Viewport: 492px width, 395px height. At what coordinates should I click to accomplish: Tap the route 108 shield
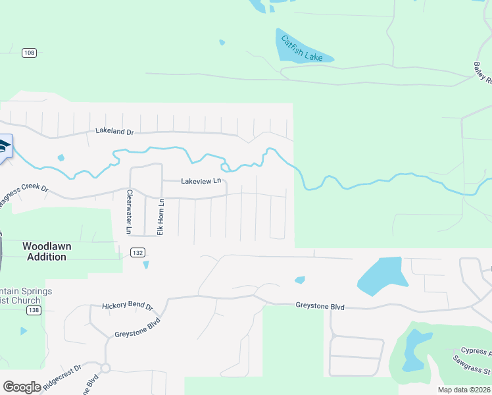coord(28,53)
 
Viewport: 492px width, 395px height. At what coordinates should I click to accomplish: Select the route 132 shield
coord(137,252)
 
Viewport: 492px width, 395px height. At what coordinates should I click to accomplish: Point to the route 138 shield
coord(34,309)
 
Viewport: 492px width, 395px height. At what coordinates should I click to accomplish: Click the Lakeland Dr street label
coord(114,132)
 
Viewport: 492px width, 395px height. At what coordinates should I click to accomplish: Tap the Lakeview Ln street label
coord(201,180)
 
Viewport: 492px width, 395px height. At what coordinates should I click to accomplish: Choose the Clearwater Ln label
coord(130,211)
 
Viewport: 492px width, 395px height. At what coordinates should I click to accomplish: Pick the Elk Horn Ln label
coord(160,218)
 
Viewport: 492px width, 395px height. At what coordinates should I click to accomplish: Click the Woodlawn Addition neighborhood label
coord(46,251)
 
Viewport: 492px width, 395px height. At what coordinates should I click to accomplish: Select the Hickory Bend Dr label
coord(127,307)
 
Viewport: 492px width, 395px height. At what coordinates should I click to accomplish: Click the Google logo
coord(22,387)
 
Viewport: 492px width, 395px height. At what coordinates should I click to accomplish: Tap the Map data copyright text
coord(464,390)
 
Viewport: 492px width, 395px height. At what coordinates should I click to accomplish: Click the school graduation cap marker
coord(3,146)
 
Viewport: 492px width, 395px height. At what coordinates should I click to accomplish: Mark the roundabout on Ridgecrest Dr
coord(105,368)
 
